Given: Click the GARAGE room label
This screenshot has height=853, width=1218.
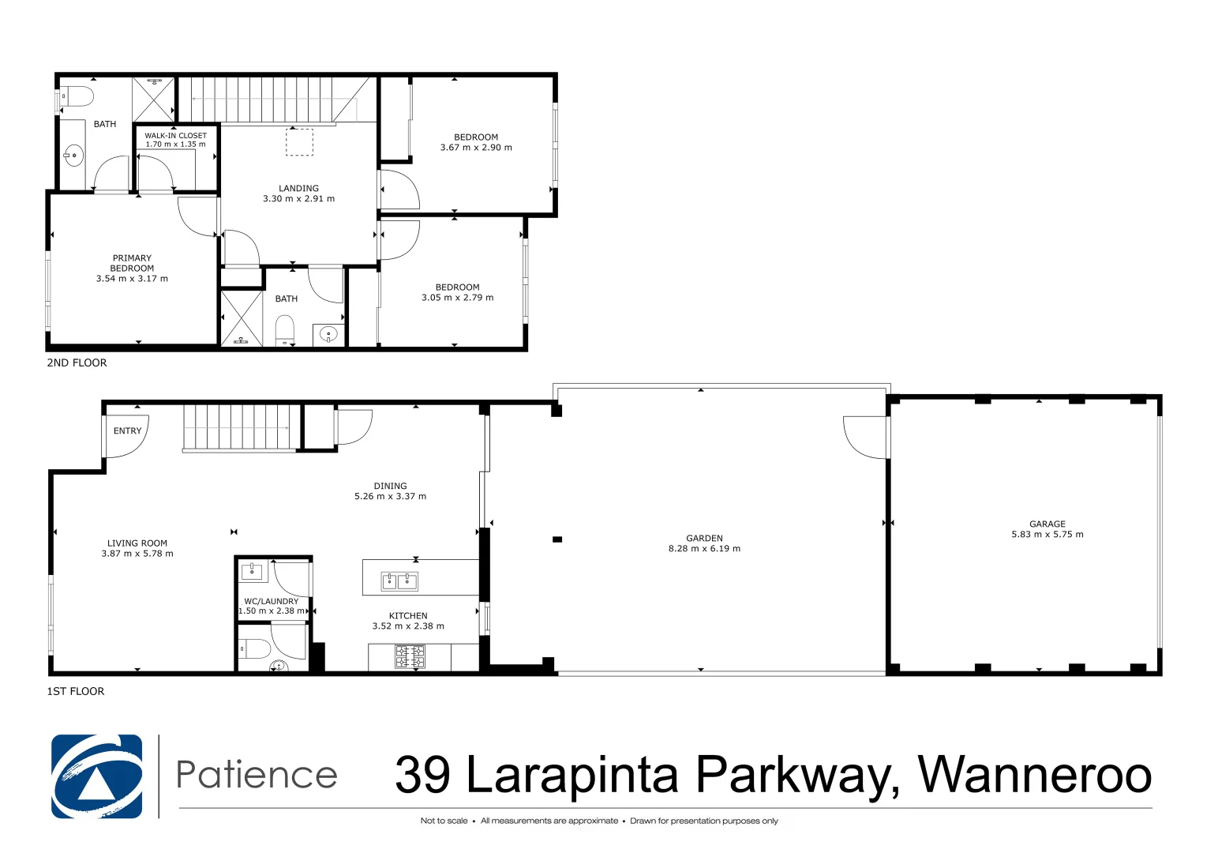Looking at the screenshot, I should coord(1047,524).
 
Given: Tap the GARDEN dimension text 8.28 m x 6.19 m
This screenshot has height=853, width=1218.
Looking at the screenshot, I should coord(704,549).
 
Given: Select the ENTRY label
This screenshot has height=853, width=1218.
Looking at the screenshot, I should coord(127,431).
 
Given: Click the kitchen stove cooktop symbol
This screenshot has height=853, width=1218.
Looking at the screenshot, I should coord(410,656).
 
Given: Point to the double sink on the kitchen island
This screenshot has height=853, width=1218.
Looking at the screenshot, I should coord(399,582).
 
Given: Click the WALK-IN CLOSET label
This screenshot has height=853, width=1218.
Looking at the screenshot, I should coord(175,136).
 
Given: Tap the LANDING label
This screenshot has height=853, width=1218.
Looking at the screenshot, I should coord(298,189).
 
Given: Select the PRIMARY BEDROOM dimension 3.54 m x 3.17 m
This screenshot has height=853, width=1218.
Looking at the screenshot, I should coord(132,279).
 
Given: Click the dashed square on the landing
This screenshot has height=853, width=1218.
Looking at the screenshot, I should coord(299,142).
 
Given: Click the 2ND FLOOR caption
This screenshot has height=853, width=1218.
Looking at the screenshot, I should coord(77,363).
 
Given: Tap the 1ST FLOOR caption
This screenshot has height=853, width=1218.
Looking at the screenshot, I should coord(76,692).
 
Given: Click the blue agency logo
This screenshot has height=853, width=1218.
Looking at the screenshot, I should coord(97,776).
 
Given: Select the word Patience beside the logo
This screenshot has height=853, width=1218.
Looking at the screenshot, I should coord(257,775).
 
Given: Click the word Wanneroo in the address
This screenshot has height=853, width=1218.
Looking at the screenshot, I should coord(1034,775).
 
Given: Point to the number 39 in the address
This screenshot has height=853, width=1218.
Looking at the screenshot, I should coord(422,775).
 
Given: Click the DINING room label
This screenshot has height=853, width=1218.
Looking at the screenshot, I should coord(390,487).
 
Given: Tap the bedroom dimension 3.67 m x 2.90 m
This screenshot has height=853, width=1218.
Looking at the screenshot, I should coord(476,148).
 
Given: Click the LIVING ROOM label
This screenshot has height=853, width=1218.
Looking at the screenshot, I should coord(137,543).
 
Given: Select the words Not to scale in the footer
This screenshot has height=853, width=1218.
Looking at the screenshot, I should coord(444,821).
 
